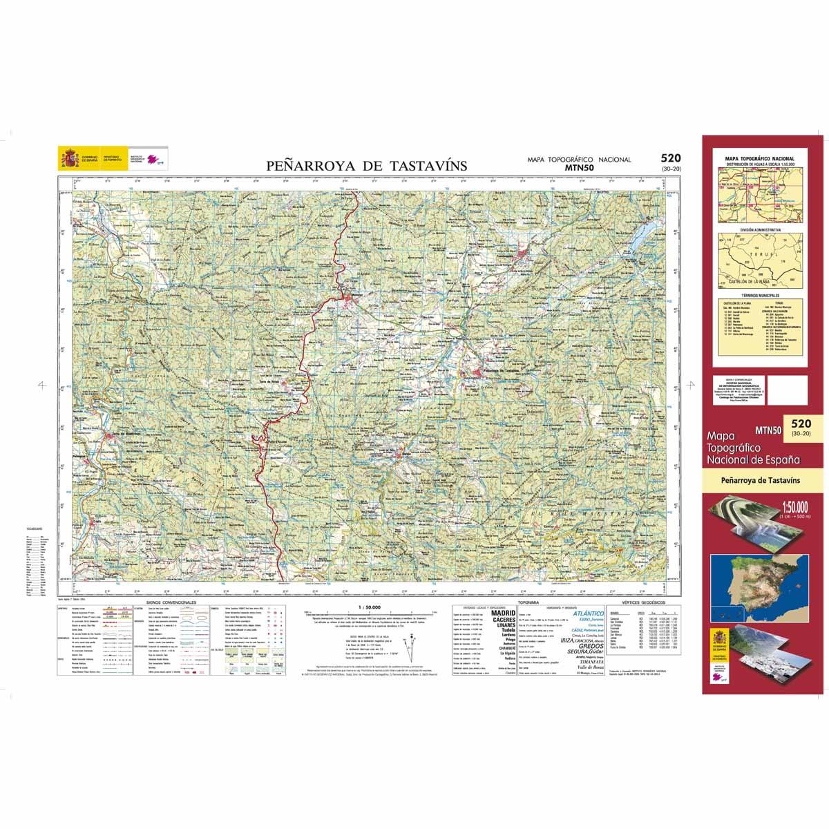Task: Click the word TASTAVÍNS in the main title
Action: (430, 166)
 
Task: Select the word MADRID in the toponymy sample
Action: (502, 613)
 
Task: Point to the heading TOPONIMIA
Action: (533, 602)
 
